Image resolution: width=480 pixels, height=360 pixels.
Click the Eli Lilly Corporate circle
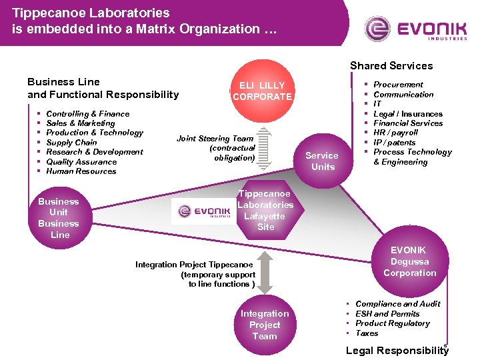coord(262,91)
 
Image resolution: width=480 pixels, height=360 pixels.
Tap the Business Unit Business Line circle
coord(59,217)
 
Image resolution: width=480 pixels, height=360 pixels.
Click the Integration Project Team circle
coord(265,325)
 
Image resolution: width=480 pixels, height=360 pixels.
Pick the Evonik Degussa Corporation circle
coord(409,261)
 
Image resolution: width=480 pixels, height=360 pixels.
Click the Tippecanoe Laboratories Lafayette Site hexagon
coord(265,210)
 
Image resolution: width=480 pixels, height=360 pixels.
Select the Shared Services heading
coord(391,65)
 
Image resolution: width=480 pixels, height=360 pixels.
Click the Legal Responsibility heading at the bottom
coord(397,351)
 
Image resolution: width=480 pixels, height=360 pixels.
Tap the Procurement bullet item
coord(398,85)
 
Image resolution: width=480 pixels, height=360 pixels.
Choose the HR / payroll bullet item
coord(395,133)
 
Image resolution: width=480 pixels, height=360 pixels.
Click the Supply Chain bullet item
coord(71,142)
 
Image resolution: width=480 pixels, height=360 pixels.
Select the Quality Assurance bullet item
coord(81,161)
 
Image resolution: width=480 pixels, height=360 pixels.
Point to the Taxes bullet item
coord(367,333)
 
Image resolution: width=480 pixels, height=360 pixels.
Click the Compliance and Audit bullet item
coord(397,304)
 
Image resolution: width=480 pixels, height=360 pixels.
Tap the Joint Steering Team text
coord(215,139)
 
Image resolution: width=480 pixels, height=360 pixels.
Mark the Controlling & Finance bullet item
coord(87,114)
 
